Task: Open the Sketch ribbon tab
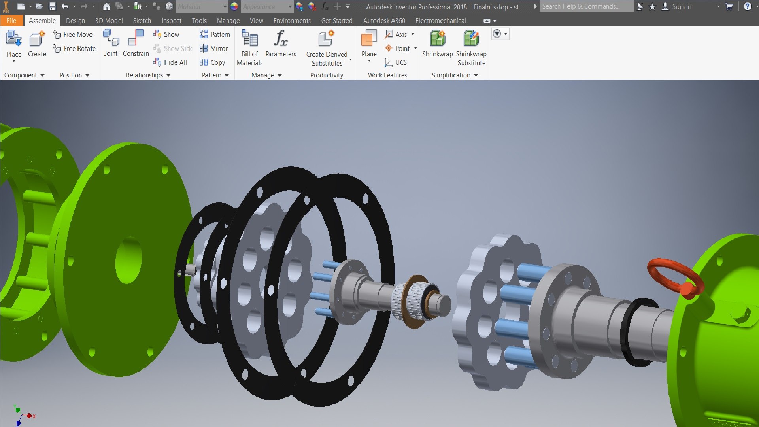click(142, 21)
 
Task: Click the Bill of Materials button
click(249, 47)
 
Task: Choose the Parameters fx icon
click(280, 40)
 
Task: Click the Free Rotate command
click(75, 49)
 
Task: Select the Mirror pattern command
click(214, 49)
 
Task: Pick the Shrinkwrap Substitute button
click(471, 47)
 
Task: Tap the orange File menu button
click(11, 21)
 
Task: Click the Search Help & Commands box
click(585, 6)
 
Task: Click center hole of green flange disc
click(129, 260)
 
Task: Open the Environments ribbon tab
click(292, 21)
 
